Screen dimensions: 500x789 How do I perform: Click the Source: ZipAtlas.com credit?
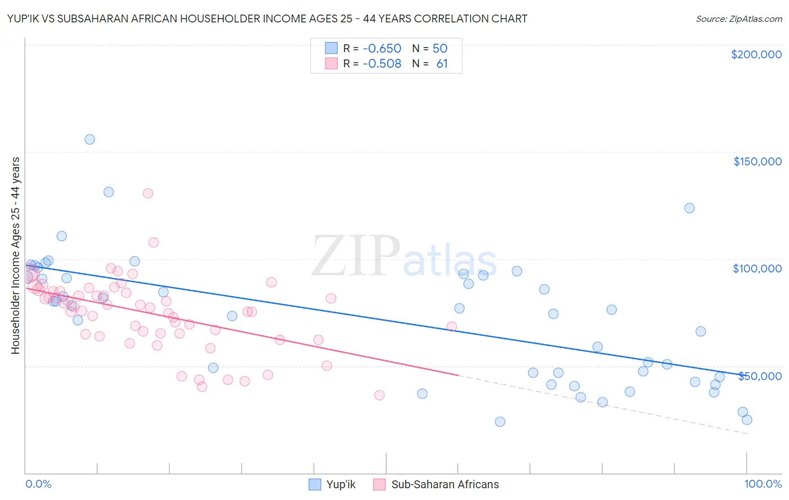tap(738, 19)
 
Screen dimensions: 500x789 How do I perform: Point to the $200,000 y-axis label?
tap(756, 54)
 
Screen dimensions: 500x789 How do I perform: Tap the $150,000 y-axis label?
tap(757, 161)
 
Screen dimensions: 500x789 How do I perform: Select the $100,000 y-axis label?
tap(757, 268)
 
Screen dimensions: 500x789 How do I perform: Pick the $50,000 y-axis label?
tap(759, 376)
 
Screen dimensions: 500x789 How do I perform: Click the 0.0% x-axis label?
tap(38, 484)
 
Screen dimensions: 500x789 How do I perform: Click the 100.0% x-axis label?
tap(763, 484)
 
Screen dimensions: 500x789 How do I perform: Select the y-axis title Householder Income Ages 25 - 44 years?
tap(16, 256)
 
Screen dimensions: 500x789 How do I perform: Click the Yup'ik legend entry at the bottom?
tap(333, 484)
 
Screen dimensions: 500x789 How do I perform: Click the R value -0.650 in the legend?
tap(382, 48)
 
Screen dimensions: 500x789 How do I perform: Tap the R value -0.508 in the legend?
tap(382, 64)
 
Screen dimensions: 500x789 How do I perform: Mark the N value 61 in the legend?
tap(442, 64)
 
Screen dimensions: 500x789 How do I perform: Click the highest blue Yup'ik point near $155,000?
tap(90, 140)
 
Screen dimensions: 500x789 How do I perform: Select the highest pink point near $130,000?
tap(148, 193)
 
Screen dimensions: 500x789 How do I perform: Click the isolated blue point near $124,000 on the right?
tap(689, 208)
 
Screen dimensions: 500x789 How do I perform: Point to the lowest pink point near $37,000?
tap(379, 395)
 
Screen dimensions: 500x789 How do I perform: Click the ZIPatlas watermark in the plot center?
tap(404, 257)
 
